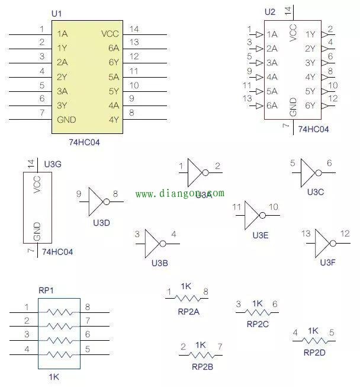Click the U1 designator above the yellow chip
click(x=56, y=13)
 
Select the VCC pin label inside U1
click(x=110, y=34)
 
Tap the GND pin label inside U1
click(x=67, y=120)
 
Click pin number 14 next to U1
click(x=134, y=29)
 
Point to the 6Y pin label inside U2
click(x=310, y=106)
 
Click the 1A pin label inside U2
click(x=272, y=34)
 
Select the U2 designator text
click(x=270, y=12)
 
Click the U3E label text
click(x=261, y=235)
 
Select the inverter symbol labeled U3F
click(x=323, y=243)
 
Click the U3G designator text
click(x=53, y=163)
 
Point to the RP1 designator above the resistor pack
click(x=46, y=290)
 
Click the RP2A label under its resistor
click(x=188, y=310)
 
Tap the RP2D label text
click(x=315, y=352)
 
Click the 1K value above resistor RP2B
click(x=200, y=344)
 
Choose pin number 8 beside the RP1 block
click(x=88, y=307)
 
